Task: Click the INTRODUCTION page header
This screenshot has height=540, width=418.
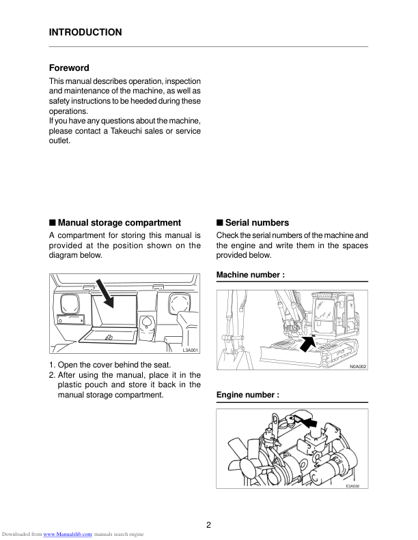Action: (85, 32)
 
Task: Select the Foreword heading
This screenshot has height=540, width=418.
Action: (69, 68)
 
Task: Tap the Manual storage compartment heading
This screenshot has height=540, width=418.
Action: (120, 223)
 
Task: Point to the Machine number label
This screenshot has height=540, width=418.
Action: (250, 275)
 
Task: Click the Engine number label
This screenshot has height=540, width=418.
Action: (248, 395)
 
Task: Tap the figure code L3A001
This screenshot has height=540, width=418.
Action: (190, 350)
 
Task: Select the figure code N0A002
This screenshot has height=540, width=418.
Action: (358, 367)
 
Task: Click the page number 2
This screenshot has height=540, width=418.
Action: (208, 525)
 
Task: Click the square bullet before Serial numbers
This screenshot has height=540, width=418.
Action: (220, 223)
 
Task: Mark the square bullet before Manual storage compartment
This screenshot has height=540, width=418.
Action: (53, 223)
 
